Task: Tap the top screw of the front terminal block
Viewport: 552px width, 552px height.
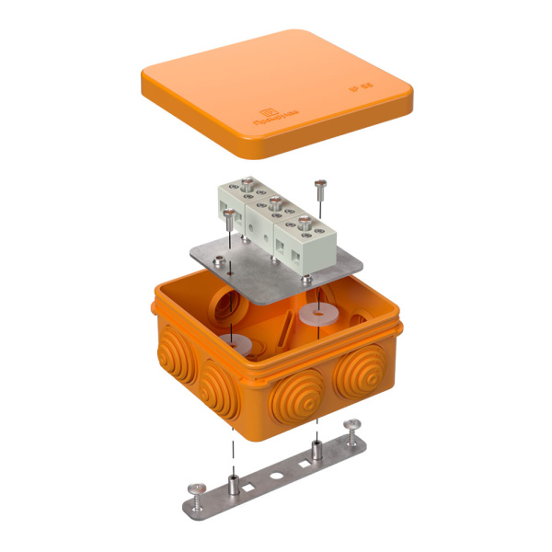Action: click(301, 221)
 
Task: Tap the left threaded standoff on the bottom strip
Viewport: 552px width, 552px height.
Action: click(234, 480)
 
